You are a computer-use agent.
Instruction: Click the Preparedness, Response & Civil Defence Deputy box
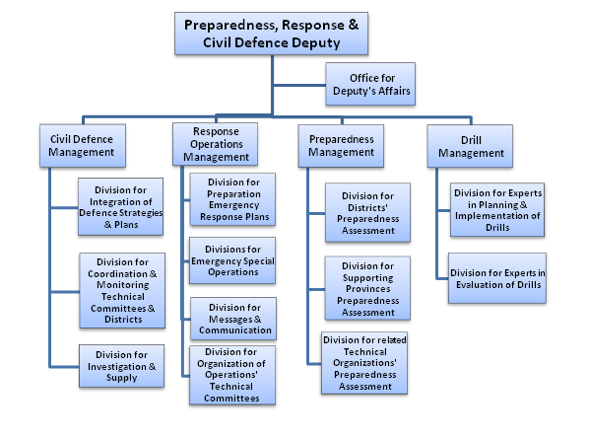pyautogui.click(x=271, y=34)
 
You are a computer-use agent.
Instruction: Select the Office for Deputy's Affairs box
pyautogui.click(x=370, y=84)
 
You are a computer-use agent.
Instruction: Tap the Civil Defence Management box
pyautogui.click(x=83, y=145)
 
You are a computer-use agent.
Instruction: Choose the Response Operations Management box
pyautogui.click(x=216, y=144)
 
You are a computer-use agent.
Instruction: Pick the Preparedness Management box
pyautogui.click(x=341, y=146)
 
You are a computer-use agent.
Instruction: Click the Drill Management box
pyautogui.click(x=470, y=146)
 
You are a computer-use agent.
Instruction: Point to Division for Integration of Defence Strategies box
pyautogui.click(x=121, y=207)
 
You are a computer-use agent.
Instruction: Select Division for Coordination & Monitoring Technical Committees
pyautogui.click(x=122, y=291)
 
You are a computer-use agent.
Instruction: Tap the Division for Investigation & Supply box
pyautogui.click(x=121, y=366)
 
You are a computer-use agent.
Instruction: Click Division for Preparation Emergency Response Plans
pyautogui.click(x=232, y=199)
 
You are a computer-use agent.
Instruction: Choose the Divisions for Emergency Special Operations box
pyautogui.click(x=232, y=260)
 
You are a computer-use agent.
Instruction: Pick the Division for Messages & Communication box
pyautogui.click(x=233, y=319)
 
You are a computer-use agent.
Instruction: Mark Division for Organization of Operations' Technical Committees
pyautogui.click(x=232, y=375)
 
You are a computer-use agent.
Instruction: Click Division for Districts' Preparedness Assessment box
pyautogui.click(x=368, y=212)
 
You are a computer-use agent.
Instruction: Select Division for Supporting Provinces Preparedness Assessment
pyautogui.click(x=367, y=288)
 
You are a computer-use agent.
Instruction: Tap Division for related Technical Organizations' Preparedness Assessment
pyautogui.click(x=364, y=363)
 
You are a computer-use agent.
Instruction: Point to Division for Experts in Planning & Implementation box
pyautogui.click(x=497, y=210)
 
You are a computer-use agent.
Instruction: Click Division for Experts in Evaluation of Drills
pyautogui.click(x=497, y=278)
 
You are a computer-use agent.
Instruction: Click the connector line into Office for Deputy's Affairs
pyautogui.click(x=299, y=85)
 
